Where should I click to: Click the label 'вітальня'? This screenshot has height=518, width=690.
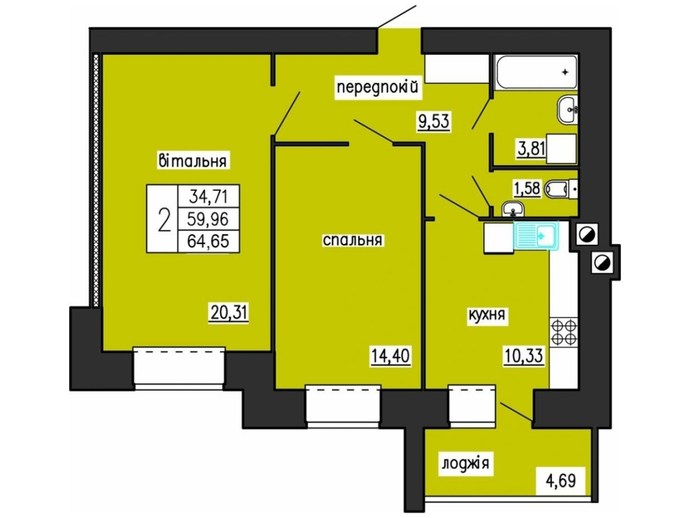coord(193,161)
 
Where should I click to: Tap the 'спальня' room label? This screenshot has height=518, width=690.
coord(352,240)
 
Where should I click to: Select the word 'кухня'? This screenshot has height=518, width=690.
coord(486,314)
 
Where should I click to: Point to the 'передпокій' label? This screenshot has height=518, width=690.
coord(378,87)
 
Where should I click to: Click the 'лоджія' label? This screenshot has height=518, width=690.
coord(466,463)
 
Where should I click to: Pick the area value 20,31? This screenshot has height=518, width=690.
coord(229,313)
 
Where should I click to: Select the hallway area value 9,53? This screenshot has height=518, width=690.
coord(434,121)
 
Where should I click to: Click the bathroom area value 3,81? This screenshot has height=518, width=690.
coord(531,148)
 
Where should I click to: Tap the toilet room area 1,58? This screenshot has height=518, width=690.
coord(527,189)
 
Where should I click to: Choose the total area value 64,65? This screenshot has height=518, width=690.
coord(208,242)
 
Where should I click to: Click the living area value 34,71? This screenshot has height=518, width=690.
coord(208,197)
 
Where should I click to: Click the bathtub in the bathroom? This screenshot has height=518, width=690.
coord(536,72)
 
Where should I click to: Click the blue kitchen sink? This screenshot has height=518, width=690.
coord(536,236)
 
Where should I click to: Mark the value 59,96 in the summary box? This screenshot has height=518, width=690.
coord(208,219)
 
